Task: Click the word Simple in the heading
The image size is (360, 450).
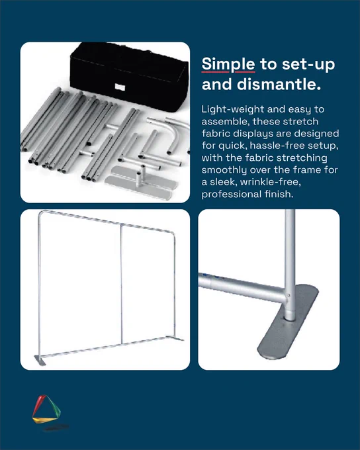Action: point(228,65)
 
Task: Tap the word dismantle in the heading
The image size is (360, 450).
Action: point(279,85)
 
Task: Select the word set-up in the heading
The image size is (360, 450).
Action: point(308,65)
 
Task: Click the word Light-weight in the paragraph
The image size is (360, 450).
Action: point(233,109)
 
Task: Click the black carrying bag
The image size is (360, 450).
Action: point(129,76)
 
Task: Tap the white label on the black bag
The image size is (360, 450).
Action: point(120,87)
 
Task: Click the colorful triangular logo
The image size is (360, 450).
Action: point(46,409)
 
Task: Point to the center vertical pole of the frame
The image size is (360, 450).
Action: point(122,284)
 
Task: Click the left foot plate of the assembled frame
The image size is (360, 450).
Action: point(40,361)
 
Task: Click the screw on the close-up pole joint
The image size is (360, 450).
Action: point(289,295)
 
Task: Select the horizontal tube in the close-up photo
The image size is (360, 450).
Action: point(242,288)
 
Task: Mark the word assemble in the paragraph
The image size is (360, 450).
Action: point(224,122)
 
